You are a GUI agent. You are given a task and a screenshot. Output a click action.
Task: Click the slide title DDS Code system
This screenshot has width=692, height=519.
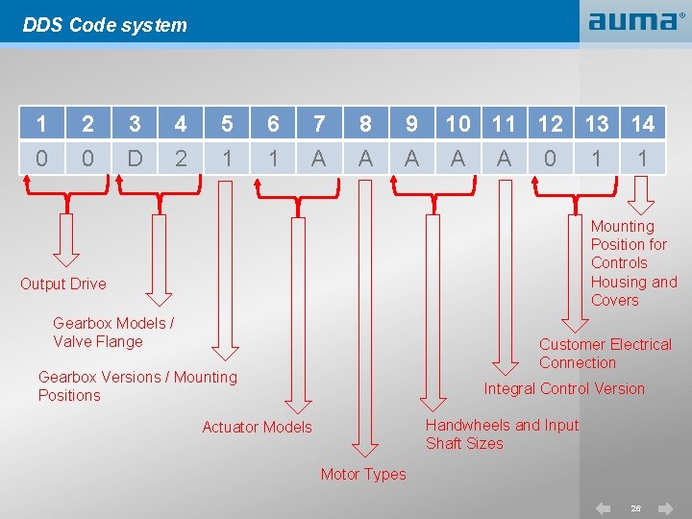click(x=105, y=25)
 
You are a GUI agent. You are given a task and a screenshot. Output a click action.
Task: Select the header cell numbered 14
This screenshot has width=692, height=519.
click(x=642, y=123)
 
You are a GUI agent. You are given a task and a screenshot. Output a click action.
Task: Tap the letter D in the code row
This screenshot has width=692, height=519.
click(x=135, y=158)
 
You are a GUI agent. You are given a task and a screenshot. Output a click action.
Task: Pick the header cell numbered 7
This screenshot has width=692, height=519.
click(x=319, y=123)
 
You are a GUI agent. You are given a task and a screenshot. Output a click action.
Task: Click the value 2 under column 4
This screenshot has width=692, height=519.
click(x=181, y=158)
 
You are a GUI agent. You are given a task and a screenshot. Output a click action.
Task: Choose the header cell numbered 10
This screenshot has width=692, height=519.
click(x=457, y=123)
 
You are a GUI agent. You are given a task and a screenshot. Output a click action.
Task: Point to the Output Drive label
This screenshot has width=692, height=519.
click(x=63, y=284)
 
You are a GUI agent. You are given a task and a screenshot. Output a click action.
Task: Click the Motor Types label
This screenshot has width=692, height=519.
click(x=363, y=474)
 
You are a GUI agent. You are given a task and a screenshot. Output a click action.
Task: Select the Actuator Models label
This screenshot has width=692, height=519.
click(x=257, y=427)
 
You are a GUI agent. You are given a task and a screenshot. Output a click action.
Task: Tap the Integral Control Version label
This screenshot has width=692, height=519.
click(x=564, y=388)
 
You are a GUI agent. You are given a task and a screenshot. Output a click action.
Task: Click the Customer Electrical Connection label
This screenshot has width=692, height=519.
click(x=605, y=353)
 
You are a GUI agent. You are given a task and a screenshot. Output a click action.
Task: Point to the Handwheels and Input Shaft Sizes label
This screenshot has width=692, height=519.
click(x=502, y=434)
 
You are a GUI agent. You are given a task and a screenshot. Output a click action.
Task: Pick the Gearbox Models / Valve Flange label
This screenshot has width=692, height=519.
click(x=113, y=333)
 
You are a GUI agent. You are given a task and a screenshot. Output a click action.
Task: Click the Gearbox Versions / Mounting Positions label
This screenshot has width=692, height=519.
click(x=137, y=385)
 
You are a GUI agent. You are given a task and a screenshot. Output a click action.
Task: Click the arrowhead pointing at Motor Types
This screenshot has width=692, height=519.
click(x=364, y=448)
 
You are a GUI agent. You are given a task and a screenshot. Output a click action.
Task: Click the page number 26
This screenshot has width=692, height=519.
click(x=635, y=507)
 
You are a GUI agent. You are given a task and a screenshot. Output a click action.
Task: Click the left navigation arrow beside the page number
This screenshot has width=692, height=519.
click(x=604, y=507)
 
